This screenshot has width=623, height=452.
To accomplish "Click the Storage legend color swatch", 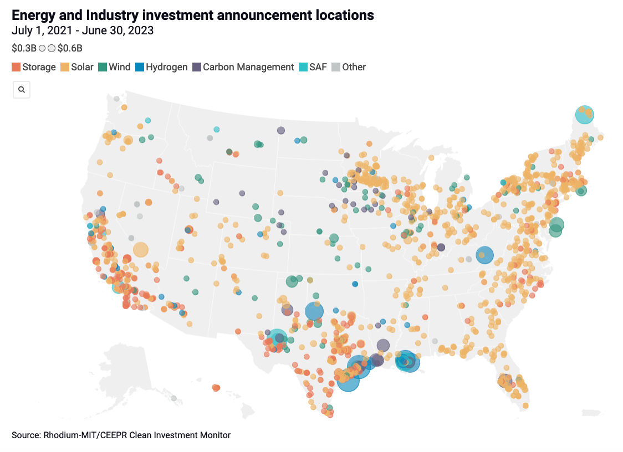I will (16, 67).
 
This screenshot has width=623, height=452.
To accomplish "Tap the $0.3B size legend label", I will (24, 48).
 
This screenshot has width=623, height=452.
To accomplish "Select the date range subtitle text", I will (83, 30).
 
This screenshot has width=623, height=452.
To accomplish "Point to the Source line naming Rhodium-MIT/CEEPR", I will (121, 435).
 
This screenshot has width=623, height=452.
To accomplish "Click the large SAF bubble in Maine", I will (584, 115).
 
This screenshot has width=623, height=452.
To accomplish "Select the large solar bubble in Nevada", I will (141, 250).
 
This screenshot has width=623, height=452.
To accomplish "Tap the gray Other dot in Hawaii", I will (173, 398).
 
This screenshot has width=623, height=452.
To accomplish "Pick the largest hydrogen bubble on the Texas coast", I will (348, 381).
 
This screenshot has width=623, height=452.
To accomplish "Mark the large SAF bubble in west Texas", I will (277, 339).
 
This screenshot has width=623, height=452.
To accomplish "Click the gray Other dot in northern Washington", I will (116, 99).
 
